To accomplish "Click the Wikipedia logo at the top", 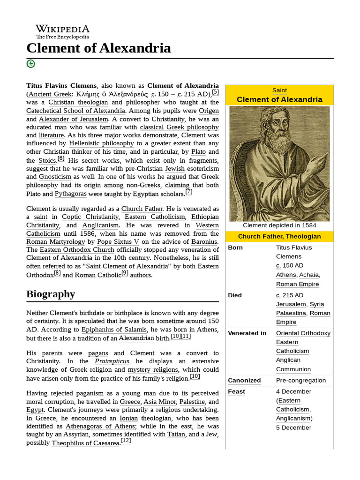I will pyautogui.click(x=62, y=31).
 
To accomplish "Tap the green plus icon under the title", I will pyautogui.click(x=30, y=64).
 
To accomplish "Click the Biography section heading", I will pyautogui.click(x=51, y=294).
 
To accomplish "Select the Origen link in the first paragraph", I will pyautogui.click(x=209, y=111).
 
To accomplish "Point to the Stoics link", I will pyautogui.click(x=47, y=161).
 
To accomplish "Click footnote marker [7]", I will pyautogui.click(x=189, y=192).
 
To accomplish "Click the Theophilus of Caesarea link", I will pyautogui.click(x=85, y=443).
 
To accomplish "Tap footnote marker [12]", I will pyautogui.click(x=126, y=441).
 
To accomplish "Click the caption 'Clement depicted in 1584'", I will pyautogui.click(x=279, y=225).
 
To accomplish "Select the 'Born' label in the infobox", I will pyautogui.click(x=235, y=247).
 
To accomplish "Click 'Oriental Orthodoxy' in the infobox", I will pyautogui.click(x=303, y=333).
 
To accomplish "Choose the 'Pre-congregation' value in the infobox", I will pyautogui.click(x=300, y=380).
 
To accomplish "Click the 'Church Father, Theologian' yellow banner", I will pyautogui.click(x=279, y=236).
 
